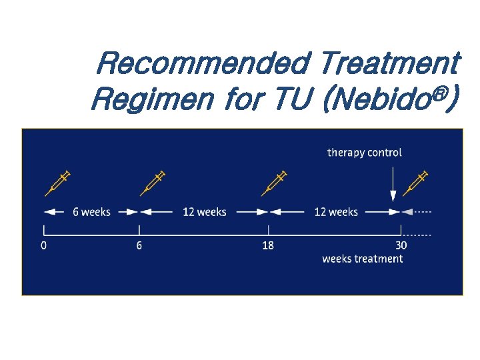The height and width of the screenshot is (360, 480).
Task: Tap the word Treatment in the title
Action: [389, 65]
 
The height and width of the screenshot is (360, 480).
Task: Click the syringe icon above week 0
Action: [57, 183]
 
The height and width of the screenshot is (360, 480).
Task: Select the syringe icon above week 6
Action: [153, 183]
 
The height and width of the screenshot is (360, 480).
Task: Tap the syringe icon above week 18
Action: [273, 183]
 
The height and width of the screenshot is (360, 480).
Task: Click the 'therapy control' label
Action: [365, 153]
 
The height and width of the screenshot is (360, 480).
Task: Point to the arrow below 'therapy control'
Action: [393, 183]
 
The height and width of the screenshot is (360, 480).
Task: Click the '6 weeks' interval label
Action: [91, 212]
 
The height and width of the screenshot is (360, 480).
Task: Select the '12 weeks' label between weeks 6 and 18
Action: [205, 212]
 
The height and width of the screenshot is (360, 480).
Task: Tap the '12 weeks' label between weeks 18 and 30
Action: [336, 212]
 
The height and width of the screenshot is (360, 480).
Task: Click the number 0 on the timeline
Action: [44, 245]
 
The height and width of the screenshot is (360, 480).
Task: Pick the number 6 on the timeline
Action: [139, 245]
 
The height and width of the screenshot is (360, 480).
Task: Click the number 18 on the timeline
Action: [267, 245]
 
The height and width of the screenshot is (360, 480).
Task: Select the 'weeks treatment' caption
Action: [363, 259]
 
